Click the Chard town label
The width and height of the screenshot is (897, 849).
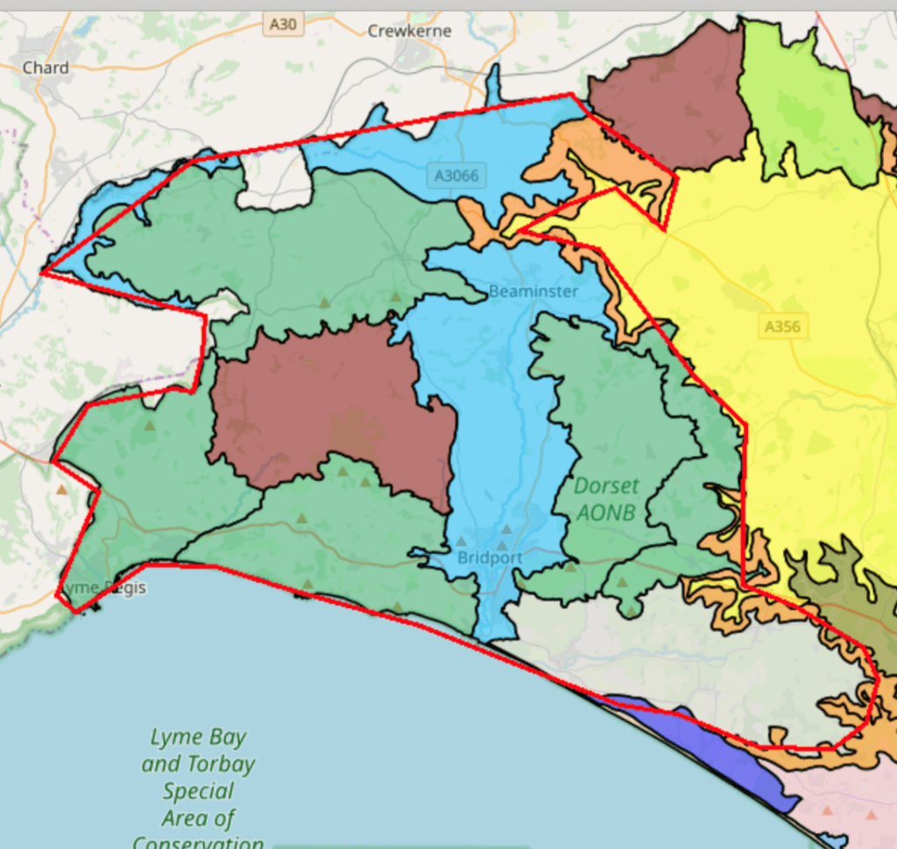(45, 67)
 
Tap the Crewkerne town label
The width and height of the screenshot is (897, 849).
(409, 31)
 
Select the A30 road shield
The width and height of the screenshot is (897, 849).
(283, 25)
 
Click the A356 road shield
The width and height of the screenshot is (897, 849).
(782, 327)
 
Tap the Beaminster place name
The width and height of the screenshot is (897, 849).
(533, 291)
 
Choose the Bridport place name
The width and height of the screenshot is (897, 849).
(490, 557)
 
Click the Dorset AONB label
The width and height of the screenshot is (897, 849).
(606, 499)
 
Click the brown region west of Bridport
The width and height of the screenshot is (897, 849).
(333, 412)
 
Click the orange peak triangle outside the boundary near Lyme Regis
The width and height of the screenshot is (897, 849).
(60, 490)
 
